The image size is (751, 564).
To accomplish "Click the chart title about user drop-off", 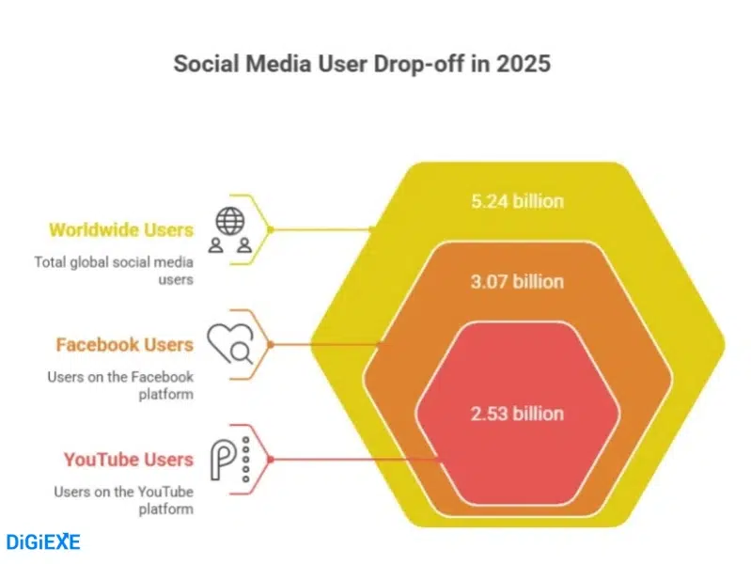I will point(376,64).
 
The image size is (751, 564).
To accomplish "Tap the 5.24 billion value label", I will point(517,200).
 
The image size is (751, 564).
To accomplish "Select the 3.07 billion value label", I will point(517,282).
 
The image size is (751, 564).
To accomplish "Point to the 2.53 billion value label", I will point(517,414).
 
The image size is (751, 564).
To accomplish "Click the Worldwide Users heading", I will point(120,229).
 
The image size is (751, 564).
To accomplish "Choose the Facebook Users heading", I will point(124,344).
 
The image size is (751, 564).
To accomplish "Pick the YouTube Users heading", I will point(128,460).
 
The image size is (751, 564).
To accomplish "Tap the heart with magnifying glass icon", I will point(230,344).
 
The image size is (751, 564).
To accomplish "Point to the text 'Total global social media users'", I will point(114,271).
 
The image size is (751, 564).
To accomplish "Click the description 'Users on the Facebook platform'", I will point(120,385).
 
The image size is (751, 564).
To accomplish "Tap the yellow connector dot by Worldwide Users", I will point(270,229).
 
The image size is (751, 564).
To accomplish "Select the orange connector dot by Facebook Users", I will point(270,344).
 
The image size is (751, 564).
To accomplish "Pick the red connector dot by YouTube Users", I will point(270,459).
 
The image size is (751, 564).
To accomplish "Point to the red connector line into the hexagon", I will point(357,459).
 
